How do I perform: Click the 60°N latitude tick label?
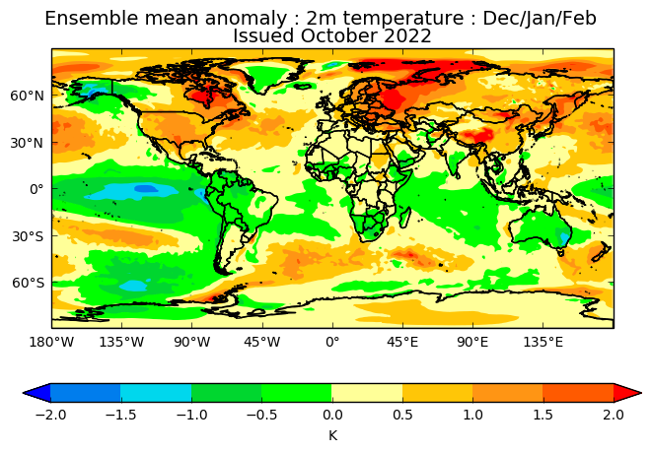[x=27, y=96]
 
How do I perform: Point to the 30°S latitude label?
[x=28, y=236]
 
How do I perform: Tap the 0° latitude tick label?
[x=36, y=189]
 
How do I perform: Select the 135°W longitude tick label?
[x=121, y=342]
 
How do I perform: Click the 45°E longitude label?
[x=402, y=342]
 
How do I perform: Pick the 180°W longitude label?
[x=51, y=342]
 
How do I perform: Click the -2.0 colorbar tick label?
[x=50, y=415]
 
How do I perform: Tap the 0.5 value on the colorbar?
[x=402, y=415]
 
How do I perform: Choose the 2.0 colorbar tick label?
[x=614, y=415]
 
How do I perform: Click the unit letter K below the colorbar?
[x=332, y=435]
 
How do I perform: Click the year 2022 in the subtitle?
[x=407, y=35]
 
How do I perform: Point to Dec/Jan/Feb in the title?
[x=540, y=19]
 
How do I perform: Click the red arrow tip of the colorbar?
[x=627, y=393]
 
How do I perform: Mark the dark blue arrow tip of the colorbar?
[x=36, y=393]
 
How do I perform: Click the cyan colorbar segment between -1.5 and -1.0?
[x=156, y=393]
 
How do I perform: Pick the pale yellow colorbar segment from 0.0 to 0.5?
[x=367, y=393]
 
